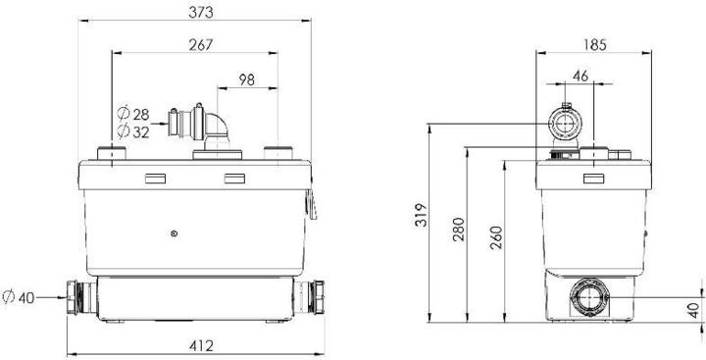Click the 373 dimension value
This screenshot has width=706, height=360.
[200, 13]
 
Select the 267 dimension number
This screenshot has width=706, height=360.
[200, 44]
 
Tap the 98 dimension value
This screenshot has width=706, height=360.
[247, 79]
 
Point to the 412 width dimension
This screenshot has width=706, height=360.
[201, 346]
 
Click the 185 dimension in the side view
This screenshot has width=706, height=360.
[595, 45]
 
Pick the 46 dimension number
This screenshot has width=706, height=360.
[580, 77]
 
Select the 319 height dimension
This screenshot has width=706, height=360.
[420, 216]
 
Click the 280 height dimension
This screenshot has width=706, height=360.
[458, 230]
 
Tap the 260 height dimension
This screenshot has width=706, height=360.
[495, 238]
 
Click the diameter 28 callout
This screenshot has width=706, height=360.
[133, 114]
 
